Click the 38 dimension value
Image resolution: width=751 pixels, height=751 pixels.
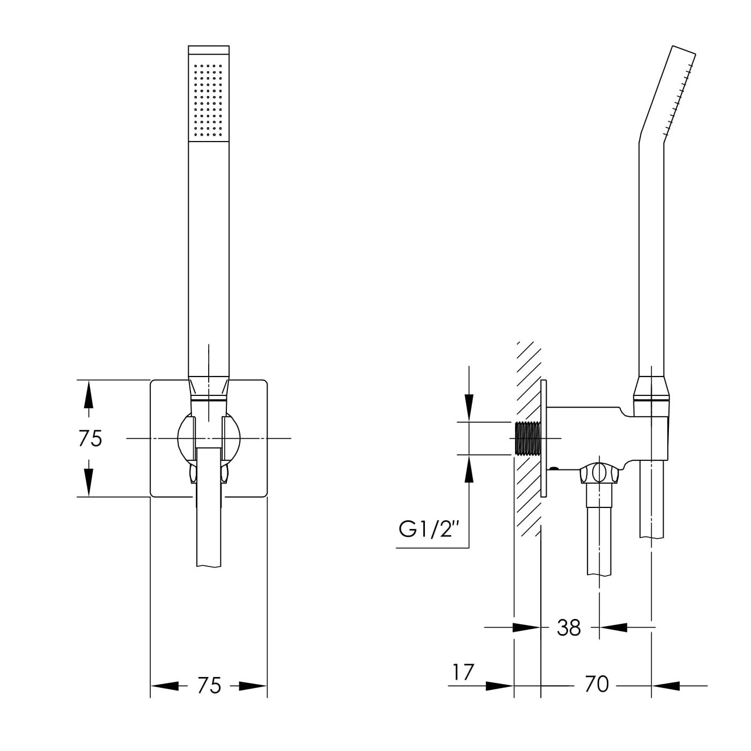pos(569,628)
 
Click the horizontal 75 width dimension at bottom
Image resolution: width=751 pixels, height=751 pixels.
pos(209,686)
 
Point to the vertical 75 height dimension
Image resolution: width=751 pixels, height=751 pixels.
pos(89,438)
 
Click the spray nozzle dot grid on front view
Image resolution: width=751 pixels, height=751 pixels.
pos(209,100)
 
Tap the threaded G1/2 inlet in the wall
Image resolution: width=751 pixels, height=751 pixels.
pos(528,438)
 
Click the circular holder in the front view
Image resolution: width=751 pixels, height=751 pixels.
pos(209,438)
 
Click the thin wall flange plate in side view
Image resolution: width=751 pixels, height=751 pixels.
pos(544,438)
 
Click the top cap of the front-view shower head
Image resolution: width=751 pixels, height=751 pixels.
pos(209,50)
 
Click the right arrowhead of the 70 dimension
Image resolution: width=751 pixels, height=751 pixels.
pos(666,686)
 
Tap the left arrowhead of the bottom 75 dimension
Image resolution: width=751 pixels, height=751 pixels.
pos(165,686)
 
